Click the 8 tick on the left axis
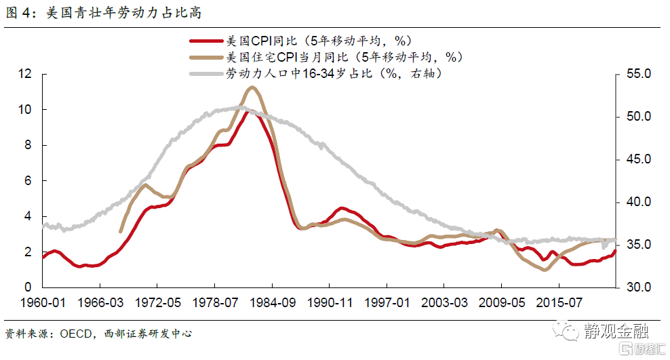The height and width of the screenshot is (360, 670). (29, 145)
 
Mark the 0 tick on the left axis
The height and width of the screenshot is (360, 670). (29, 287)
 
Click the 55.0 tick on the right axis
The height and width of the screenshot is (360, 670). (637, 74)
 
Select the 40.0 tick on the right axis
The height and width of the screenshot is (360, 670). (637, 202)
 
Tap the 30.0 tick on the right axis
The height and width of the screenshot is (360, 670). (637, 287)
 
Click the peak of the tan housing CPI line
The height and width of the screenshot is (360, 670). (252, 87)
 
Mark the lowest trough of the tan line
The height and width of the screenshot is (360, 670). (544, 270)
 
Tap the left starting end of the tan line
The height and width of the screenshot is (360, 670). (120, 232)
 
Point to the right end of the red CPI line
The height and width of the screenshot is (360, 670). (615, 251)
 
